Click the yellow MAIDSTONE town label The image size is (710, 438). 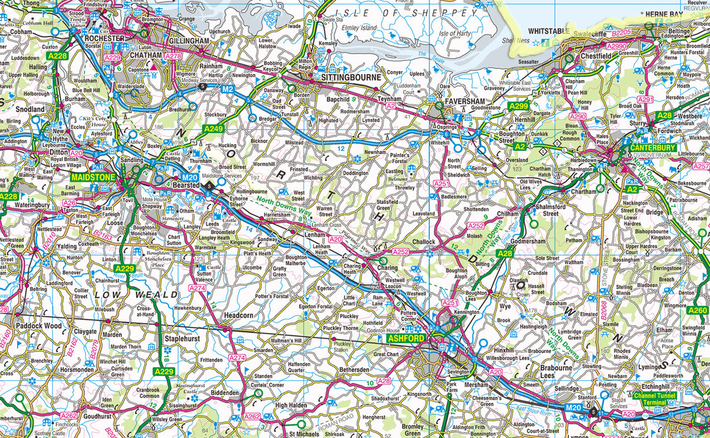pos(93,177)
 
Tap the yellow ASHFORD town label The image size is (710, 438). pos(406,339)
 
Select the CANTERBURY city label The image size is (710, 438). pos(653,148)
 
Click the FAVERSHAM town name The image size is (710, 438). pos(465,102)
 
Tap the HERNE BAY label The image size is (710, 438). pos(664,14)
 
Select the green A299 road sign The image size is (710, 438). pos(518,106)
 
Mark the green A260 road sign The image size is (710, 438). pos(698,310)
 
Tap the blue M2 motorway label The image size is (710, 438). pos(227,89)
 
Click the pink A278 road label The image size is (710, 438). pos(173,56)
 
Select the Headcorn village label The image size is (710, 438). pos(239,315)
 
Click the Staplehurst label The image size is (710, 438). pos(183,339)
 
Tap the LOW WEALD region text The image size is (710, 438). pos(136,294)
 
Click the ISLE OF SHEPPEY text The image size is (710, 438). pos(411,12)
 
